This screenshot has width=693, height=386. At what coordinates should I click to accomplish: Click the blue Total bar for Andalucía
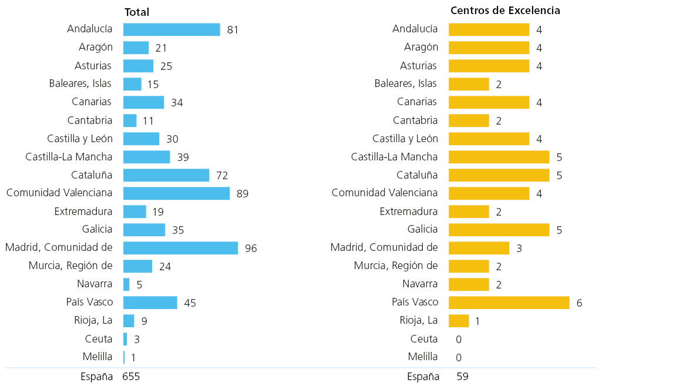click(171, 29)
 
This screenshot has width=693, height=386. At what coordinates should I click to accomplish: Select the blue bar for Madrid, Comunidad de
click(180, 248)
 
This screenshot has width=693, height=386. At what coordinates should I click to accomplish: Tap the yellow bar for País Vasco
click(509, 303)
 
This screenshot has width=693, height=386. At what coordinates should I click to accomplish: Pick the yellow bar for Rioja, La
click(458, 321)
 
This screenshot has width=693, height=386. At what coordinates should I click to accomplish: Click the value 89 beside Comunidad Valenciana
click(242, 194)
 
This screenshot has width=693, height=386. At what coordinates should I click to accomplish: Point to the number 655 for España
click(131, 376)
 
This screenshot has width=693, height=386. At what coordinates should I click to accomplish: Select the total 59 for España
click(462, 376)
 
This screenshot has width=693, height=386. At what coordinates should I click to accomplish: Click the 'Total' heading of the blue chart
click(137, 12)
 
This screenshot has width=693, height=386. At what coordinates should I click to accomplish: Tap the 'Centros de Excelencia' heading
click(505, 11)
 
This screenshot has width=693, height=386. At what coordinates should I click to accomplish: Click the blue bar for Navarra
click(126, 284)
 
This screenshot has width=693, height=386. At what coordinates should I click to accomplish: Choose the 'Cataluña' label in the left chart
click(92, 175)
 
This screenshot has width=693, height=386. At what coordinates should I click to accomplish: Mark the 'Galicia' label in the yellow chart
click(422, 229)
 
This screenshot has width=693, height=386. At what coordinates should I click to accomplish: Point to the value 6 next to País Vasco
click(580, 303)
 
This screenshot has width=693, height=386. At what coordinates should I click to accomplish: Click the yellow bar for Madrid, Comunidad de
click(479, 248)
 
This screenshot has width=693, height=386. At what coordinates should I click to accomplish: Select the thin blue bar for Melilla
click(124, 357)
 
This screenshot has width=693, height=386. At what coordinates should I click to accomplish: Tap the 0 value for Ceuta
click(459, 339)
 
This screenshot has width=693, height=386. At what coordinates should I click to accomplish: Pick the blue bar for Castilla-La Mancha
click(146, 157)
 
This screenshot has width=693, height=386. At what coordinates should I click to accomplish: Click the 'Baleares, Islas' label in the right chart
click(405, 83)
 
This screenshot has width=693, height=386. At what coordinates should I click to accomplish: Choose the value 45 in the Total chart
click(190, 303)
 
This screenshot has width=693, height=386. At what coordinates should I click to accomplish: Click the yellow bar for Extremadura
click(469, 212)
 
